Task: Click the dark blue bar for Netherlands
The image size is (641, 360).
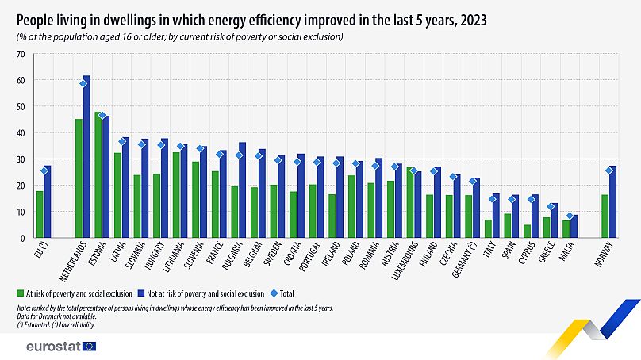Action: pos(86,159)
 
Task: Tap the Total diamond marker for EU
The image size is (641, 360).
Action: pos(44,170)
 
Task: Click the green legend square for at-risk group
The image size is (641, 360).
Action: pos(20,293)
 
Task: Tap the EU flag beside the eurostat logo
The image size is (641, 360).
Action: pos(89,347)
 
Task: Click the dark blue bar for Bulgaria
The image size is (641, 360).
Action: pos(242,190)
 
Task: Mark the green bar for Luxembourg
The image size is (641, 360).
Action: pos(410,203)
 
